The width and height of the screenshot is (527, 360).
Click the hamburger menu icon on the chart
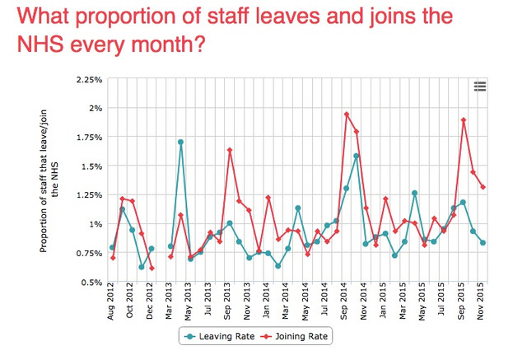[x=480, y=86]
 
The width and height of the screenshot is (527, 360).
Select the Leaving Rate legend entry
[x=220, y=336]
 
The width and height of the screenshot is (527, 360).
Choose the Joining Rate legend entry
[x=295, y=336]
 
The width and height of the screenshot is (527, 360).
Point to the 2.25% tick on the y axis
[x=89, y=80]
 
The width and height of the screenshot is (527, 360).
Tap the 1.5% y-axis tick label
[x=91, y=166]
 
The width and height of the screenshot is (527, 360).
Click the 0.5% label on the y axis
[x=91, y=283]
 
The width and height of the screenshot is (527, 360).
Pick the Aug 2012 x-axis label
[x=111, y=302]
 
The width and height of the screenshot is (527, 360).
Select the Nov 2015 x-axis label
[x=481, y=302]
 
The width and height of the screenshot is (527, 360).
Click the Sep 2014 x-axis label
[x=344, y=302]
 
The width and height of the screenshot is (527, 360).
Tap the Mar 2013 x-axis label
[x=168, y=302]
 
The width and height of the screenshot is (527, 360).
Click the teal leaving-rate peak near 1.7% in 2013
[x=180, y=142]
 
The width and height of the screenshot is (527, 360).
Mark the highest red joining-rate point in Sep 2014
[x=347, y=115]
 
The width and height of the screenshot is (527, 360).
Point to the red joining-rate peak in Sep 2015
[x=464, y=120]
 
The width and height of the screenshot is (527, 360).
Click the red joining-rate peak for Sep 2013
[x=230, y=150]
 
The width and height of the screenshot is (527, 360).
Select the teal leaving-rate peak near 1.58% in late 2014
[x=357, y=156]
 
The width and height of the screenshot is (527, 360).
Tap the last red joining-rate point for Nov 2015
[x=483, y=187]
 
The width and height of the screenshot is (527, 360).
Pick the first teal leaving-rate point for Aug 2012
[x=112, y=247]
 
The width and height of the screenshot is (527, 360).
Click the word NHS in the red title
[x=40, y=44]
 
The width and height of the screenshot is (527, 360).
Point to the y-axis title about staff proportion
[x=49, y=181]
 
